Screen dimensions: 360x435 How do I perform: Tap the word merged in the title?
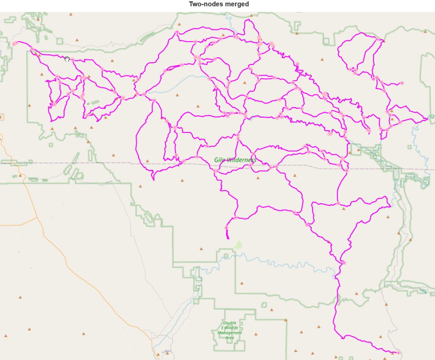coord(236,4)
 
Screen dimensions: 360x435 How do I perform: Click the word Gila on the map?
coord(219,160)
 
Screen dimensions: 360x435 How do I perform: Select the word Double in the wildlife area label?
coord(229,323)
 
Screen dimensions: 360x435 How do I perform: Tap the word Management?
coord(229,333)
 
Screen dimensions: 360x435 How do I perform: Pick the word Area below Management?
coord(229,338)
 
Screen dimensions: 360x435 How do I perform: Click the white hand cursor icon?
coord(67,59)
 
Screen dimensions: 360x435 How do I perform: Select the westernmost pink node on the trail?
coord(14,44)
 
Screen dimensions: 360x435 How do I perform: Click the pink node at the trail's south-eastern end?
coord(398,352)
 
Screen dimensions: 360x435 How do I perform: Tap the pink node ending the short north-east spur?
coord(402,83)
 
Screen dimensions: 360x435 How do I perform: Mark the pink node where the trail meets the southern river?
coord(344,263)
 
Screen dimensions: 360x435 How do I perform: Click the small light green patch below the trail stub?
coord(238,245)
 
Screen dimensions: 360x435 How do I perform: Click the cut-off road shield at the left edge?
coord(1,117)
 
